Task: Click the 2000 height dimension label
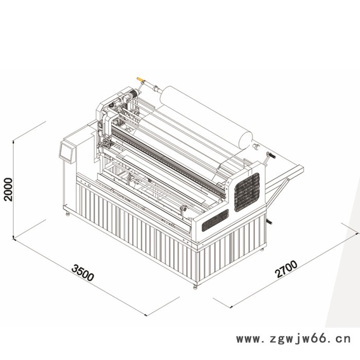(x=9, y=189)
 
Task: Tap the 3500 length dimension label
(x=83, y=273)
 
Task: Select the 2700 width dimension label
(x=286, y=269)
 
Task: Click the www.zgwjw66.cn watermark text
(x=294, y=339)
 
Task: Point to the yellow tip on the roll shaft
(x=139, y=79)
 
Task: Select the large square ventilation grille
(x=247, y=192)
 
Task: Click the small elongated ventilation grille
(x=215, y=220)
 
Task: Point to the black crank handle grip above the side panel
(x=271, y=155)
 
